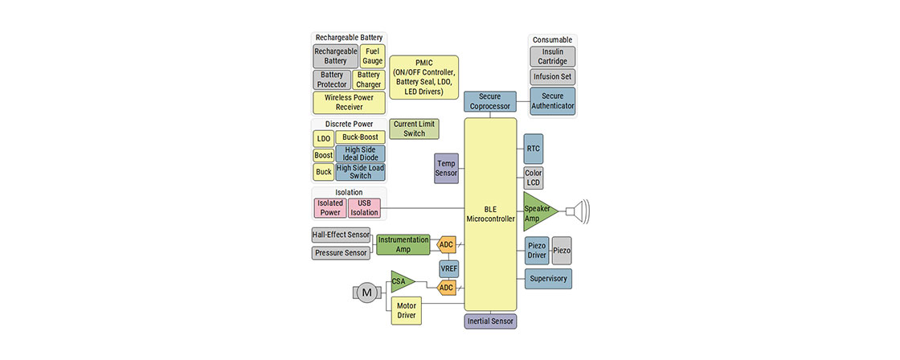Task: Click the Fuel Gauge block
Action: (372, 56)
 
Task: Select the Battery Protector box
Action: (332, 80)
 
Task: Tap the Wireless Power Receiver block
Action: (349, 102)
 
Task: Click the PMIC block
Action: (423, 77)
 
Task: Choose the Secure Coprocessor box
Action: (489, 101)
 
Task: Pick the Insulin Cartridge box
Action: (552, 56)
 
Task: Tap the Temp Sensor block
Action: (446, 168)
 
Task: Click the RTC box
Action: (533, 149)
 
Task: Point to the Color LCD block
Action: (533, 178)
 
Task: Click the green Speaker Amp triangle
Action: (537, 212)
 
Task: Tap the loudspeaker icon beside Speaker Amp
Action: (577, 212)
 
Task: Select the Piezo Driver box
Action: (536, 251)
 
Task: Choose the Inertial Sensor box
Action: (490, 321)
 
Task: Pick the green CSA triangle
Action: (400, 281)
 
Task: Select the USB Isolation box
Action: (364, 208)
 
